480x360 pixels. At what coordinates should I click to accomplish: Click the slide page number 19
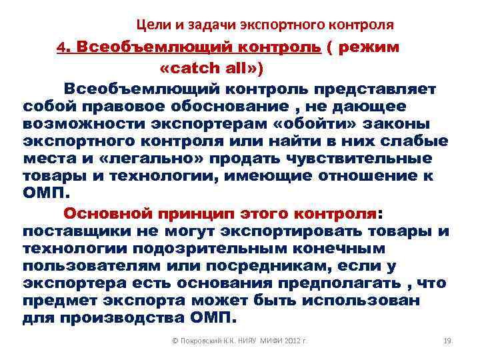pos(447,341)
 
